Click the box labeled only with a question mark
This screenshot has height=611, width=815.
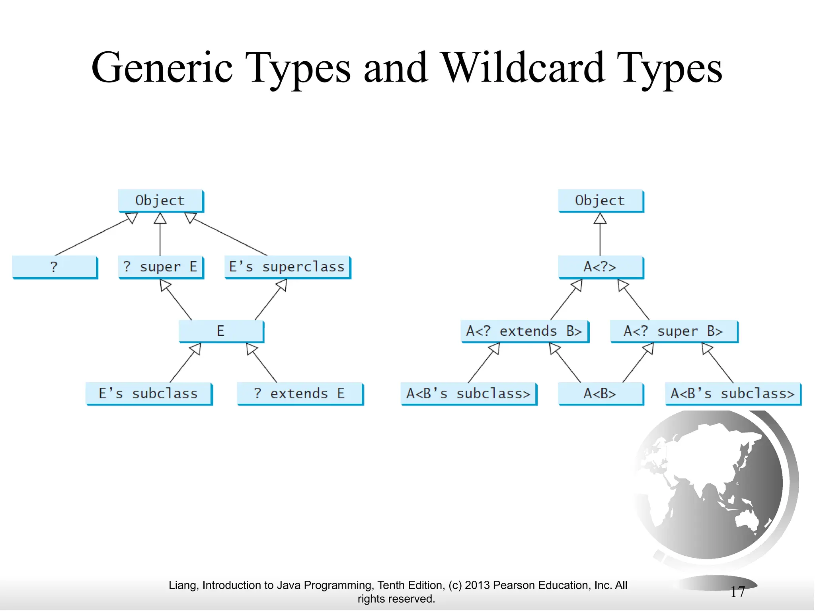55,267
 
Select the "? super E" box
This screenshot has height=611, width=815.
160,267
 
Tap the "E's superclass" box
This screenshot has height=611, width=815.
287,267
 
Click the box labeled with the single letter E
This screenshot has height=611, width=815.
221,331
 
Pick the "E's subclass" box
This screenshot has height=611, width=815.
148,394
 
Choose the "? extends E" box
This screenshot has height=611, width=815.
300,394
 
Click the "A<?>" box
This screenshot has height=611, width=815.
600,267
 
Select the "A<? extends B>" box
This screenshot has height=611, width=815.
524,331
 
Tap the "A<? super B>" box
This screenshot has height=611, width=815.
673,331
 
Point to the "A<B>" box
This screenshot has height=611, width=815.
600,394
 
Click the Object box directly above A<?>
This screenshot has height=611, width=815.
600,200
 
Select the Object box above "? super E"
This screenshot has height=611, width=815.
160,200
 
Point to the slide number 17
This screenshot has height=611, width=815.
737,592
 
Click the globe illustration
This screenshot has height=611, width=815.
712,485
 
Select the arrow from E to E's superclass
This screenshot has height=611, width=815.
271,300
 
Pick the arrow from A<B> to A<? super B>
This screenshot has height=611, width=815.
638,363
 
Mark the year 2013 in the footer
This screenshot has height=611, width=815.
477,585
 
